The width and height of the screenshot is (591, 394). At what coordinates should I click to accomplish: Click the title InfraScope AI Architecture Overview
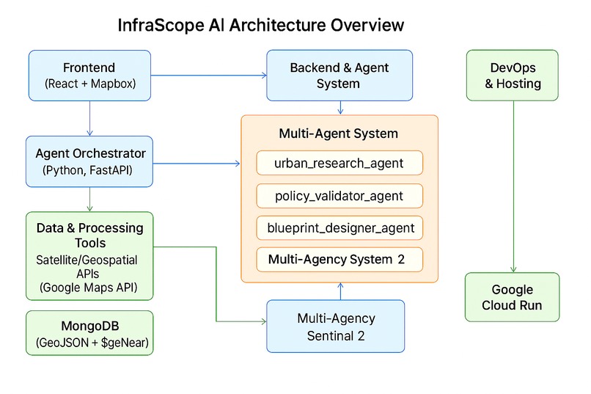260,25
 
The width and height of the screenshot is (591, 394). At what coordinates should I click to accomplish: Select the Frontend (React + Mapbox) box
89,75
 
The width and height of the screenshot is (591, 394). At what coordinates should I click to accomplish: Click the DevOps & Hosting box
513,75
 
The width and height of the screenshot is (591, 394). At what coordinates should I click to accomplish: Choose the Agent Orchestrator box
89,162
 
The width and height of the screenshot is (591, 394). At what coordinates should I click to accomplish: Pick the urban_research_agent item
339,163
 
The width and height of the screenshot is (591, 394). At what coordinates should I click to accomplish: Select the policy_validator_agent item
339,196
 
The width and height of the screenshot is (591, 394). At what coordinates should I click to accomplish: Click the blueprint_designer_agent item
339,227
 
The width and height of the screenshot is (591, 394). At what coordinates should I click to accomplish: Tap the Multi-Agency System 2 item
339,259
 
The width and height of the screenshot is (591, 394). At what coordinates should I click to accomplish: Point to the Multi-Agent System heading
339,134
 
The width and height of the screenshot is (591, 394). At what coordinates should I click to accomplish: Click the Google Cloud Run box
513,297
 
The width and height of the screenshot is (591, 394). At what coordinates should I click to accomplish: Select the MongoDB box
89,333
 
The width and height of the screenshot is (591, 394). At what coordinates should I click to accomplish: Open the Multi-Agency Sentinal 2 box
336,326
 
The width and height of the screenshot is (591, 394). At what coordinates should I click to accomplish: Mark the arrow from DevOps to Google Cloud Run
513,183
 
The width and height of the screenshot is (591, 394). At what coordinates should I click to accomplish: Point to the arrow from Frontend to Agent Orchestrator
89,117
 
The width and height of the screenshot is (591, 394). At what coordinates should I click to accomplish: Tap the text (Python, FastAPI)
89,171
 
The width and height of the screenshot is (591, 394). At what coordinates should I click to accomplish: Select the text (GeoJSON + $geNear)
89,343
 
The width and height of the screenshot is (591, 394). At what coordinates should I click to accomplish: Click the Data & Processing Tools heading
89,235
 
